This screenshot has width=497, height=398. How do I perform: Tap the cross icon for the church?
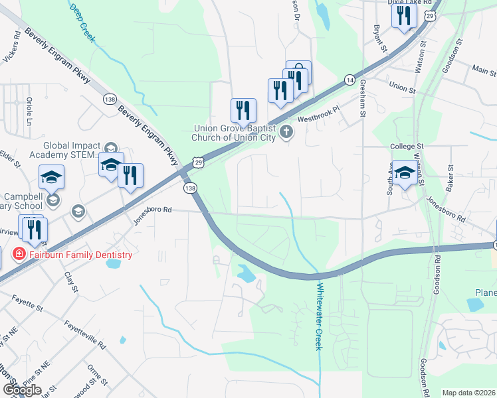tap(286, 131)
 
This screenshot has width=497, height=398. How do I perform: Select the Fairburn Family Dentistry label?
tap(80, 255)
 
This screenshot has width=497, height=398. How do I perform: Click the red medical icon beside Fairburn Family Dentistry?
tap(19, 254)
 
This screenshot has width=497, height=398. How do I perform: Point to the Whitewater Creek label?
tap(319, 317)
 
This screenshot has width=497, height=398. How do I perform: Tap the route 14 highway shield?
tap(349, 79)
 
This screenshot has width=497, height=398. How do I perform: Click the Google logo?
tap(22, 390)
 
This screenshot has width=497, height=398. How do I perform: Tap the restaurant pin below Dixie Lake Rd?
tap(403, 17)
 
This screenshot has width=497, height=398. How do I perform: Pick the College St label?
tap(407, 146)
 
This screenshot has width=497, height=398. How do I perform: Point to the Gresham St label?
tap(363, 100)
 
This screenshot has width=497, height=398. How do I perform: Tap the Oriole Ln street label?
tap(29, 111)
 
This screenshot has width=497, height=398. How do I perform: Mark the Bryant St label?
tap(379, 39)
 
